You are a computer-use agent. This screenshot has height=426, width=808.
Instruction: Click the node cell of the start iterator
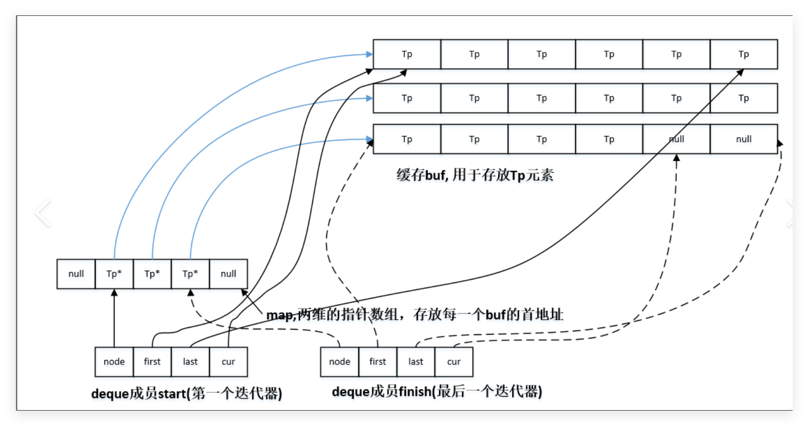tap(114, 362)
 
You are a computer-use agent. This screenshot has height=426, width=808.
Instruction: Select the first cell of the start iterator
tap(152, 362)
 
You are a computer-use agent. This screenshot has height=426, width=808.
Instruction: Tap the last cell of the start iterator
tap(190, 362)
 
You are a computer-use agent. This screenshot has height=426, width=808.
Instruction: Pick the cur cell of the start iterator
tap(228, 362)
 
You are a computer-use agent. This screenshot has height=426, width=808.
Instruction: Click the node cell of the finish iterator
tap(339, 362)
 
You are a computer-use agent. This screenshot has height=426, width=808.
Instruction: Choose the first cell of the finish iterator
tap(378, 362)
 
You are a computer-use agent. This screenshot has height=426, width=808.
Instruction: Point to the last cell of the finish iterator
tap(416, 362)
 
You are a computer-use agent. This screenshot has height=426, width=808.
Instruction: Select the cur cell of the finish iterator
tap(454, 362)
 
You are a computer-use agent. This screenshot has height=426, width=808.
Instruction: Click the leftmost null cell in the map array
tap(76, 274)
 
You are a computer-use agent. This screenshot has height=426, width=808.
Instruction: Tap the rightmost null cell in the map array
tap(228, 274)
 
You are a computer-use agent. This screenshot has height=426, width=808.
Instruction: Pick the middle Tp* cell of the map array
tap(152, 274)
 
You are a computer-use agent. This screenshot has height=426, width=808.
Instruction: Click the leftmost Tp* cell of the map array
tap(114, 274)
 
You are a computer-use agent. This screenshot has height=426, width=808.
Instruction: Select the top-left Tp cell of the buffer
tap(407, 54)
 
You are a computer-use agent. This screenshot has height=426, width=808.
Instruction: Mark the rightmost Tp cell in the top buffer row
tap(743, 54)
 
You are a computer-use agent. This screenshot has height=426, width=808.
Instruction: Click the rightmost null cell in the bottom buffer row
tap(743, 139)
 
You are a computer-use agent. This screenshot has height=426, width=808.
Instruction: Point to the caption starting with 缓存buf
tap(474, 175)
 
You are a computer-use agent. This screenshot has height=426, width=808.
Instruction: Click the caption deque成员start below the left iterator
tap(187, 394)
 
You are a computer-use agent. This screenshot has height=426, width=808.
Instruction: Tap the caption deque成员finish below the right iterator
tap(437, 392)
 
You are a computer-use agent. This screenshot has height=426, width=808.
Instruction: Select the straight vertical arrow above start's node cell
tap(114, 318)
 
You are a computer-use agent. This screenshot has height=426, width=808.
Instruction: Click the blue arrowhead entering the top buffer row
tap(369, 54)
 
